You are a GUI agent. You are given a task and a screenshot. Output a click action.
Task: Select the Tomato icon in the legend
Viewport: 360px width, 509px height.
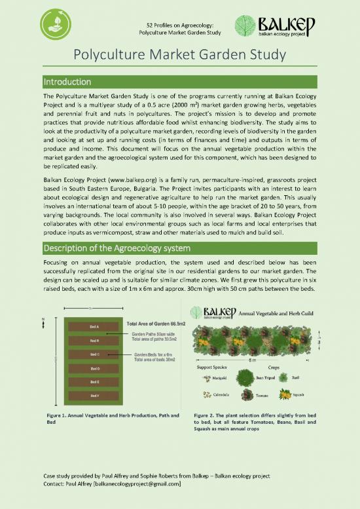247,395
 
